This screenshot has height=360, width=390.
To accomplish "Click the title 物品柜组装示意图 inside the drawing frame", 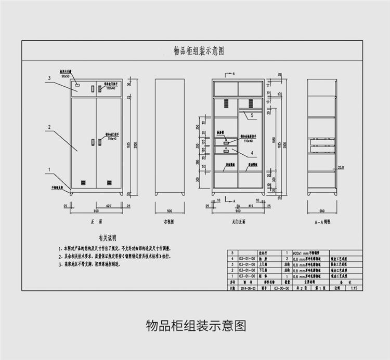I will (199, 51).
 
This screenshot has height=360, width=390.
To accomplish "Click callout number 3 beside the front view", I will (48, 78).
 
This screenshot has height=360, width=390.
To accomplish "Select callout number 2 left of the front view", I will (48, 127).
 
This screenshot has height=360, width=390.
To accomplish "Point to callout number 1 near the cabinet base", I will (48, 169).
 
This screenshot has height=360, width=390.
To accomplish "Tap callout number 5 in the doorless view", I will (252, 114).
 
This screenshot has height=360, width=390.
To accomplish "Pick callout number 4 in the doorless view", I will (252, 153).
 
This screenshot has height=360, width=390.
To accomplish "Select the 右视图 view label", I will (170, 221).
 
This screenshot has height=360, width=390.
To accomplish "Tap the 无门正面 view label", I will (238, 221).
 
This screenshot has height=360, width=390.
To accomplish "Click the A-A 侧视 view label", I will (322, 221).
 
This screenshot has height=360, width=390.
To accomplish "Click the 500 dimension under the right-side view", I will (170, 211).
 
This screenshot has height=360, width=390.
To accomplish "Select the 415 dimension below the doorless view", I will (251, 206).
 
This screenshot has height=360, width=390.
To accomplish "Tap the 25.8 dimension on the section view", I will (341, 167).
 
